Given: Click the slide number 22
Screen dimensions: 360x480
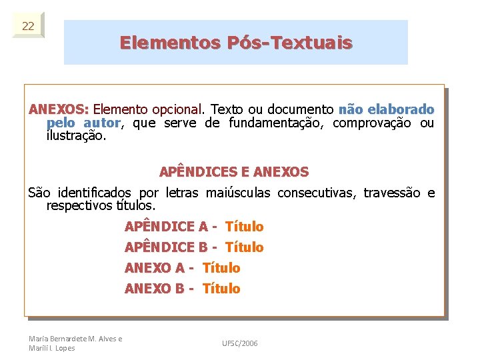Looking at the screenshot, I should (28, 26).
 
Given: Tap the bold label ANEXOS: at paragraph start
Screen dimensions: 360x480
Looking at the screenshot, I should (59, 109).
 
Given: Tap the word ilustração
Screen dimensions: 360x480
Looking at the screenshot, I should (76, 136).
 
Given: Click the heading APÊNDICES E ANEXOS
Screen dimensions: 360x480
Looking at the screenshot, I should (234, 172).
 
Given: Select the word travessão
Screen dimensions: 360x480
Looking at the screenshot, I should (392, 193).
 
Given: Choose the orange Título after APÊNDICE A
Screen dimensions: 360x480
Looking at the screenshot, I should (245, 227).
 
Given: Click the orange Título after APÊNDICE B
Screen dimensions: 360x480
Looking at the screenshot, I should (245, 247).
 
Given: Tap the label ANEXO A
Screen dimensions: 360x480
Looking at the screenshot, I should (155, 268).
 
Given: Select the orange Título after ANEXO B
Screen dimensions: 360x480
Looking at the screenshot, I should (221, 289).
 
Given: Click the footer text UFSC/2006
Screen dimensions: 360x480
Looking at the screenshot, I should (240, 343).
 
